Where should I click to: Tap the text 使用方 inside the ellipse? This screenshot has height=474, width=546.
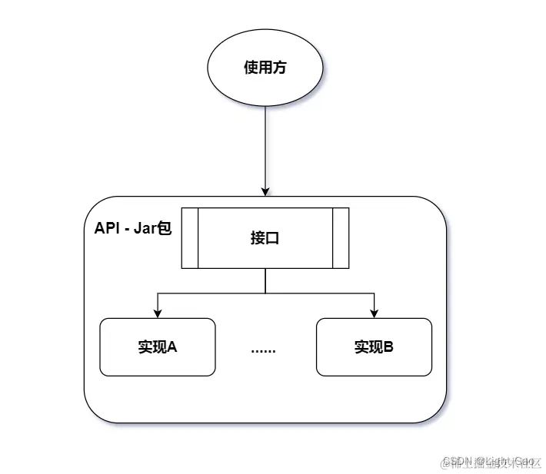tap(264, 68)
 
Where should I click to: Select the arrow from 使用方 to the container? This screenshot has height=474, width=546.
tap(265, 146)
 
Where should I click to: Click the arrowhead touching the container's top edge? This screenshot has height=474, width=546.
tap(265, 191)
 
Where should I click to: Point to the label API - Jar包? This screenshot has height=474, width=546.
tap(132, 229)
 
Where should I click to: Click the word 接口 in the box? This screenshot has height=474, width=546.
tap(265, 238)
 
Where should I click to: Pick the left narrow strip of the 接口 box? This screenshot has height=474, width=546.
tap(190, 238)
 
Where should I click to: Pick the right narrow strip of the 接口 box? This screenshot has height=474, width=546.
tap(340, 238)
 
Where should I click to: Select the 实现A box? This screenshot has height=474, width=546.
tap(158, 346)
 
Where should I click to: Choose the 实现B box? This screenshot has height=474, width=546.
tap(374, 346)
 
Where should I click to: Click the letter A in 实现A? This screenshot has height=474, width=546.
tap(173, 347)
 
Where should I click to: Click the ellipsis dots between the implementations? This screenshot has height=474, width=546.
tap(264, 350)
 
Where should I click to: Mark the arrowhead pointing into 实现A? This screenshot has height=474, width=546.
tap(158, 313)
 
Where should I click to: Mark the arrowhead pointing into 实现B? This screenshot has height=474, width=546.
tap(374, 313)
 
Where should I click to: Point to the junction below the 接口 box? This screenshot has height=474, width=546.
tap(265, 293)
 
